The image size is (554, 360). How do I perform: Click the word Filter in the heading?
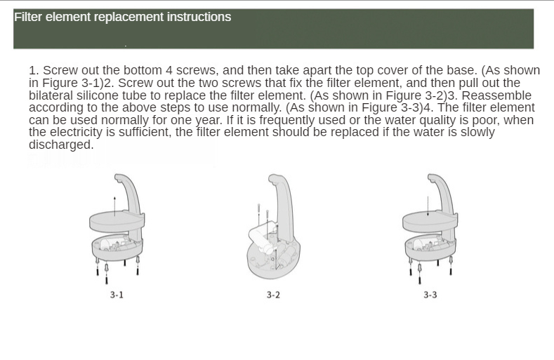[x=28, y=17]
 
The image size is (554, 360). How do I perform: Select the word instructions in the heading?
[x=199, y=17]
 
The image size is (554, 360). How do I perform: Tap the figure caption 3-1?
[x=117, y=295]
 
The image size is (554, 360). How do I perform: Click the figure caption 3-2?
[x=273, y=295]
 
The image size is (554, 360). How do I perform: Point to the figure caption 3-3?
[x=430, y=295]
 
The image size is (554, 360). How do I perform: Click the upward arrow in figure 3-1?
[x=114, y=206]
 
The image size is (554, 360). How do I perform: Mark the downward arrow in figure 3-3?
[x=428, y=206]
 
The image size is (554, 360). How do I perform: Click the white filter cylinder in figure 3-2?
[x=262, y=239]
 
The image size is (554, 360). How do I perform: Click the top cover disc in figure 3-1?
[x=117, y=220]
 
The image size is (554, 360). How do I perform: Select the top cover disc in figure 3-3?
[x=430, y=220]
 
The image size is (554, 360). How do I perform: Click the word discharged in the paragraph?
[x=61, y=145]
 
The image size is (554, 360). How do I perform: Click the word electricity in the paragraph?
[x=83, y=132]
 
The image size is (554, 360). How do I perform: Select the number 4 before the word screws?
[x=169, y=70]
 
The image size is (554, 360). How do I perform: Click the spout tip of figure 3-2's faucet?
[x=271, y=180]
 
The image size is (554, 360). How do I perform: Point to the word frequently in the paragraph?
[x=287, y=120]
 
